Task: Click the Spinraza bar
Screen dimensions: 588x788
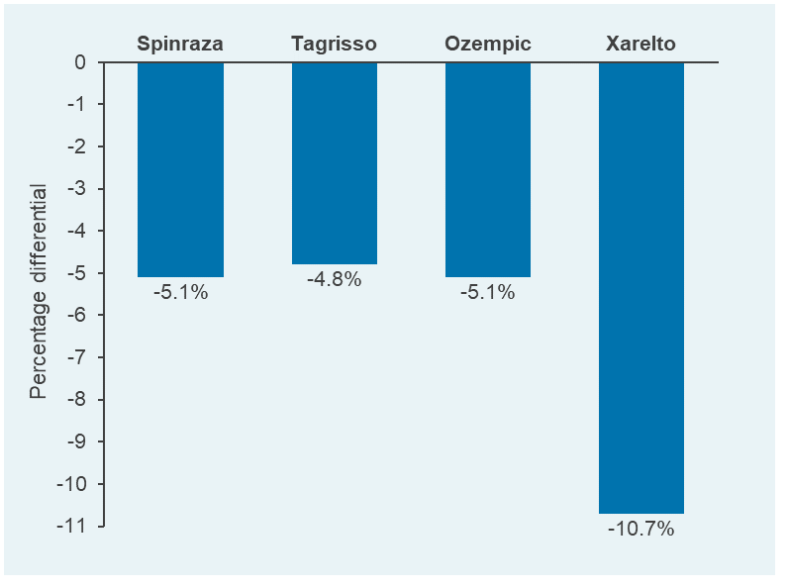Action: pos(180,169)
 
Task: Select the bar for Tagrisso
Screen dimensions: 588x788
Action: pos(335,163)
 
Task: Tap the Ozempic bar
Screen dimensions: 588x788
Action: pos(488,169)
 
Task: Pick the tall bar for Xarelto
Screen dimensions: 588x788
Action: pos(641,287)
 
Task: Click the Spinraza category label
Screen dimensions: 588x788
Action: pos(180,44)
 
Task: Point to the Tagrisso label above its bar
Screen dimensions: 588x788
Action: pos(335,44)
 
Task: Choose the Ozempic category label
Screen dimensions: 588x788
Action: pos(488,44)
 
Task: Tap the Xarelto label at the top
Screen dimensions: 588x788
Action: pos(641,44)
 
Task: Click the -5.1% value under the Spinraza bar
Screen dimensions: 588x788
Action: pos(180,293)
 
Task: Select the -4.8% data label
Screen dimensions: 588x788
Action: pos(335,280)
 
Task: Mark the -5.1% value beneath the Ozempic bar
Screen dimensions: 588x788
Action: pos(488,293)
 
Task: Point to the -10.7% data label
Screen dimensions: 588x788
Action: pos(641,530)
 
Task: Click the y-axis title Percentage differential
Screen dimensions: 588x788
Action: pos(39,291)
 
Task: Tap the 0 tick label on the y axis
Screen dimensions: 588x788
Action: pos(80,62)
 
